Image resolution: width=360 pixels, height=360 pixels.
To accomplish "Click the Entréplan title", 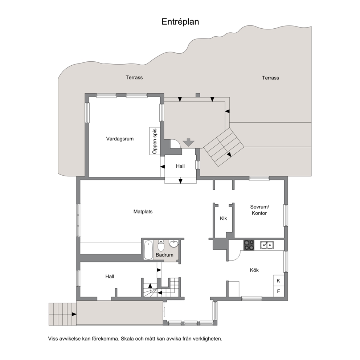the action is [180, 21].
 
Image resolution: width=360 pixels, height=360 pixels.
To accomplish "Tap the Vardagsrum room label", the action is [120, 139].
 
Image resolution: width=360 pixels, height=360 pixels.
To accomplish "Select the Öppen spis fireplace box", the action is [155, 141].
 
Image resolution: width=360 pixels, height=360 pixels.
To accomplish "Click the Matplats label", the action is [143, 212].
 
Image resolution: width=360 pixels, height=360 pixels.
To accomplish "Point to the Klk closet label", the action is [224, 218].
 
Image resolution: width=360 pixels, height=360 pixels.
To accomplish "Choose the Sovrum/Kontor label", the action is [259, 210].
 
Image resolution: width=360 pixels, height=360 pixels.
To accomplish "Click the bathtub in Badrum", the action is [148, 250].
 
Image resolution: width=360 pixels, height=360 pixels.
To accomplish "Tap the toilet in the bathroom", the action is [161, 245].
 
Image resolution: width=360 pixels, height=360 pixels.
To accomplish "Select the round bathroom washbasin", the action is [174, 244].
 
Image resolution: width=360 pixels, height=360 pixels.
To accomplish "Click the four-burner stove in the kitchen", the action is [249, 245].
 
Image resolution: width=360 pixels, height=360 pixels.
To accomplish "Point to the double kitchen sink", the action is [267, 245].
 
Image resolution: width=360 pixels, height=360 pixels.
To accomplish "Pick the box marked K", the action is [278, 281].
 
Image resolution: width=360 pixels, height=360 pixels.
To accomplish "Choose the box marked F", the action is [278, 291].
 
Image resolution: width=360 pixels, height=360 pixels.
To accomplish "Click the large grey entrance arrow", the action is [189, 142].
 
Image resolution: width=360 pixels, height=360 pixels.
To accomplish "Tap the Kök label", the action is [254, 270].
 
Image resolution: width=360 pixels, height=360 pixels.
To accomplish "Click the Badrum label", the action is [164, 255].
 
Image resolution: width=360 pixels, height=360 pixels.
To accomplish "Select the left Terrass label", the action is [134, 77].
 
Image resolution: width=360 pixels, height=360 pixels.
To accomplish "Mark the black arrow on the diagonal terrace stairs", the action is [229, 155].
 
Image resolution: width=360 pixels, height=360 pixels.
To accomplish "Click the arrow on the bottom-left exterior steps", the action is [74, 314].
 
